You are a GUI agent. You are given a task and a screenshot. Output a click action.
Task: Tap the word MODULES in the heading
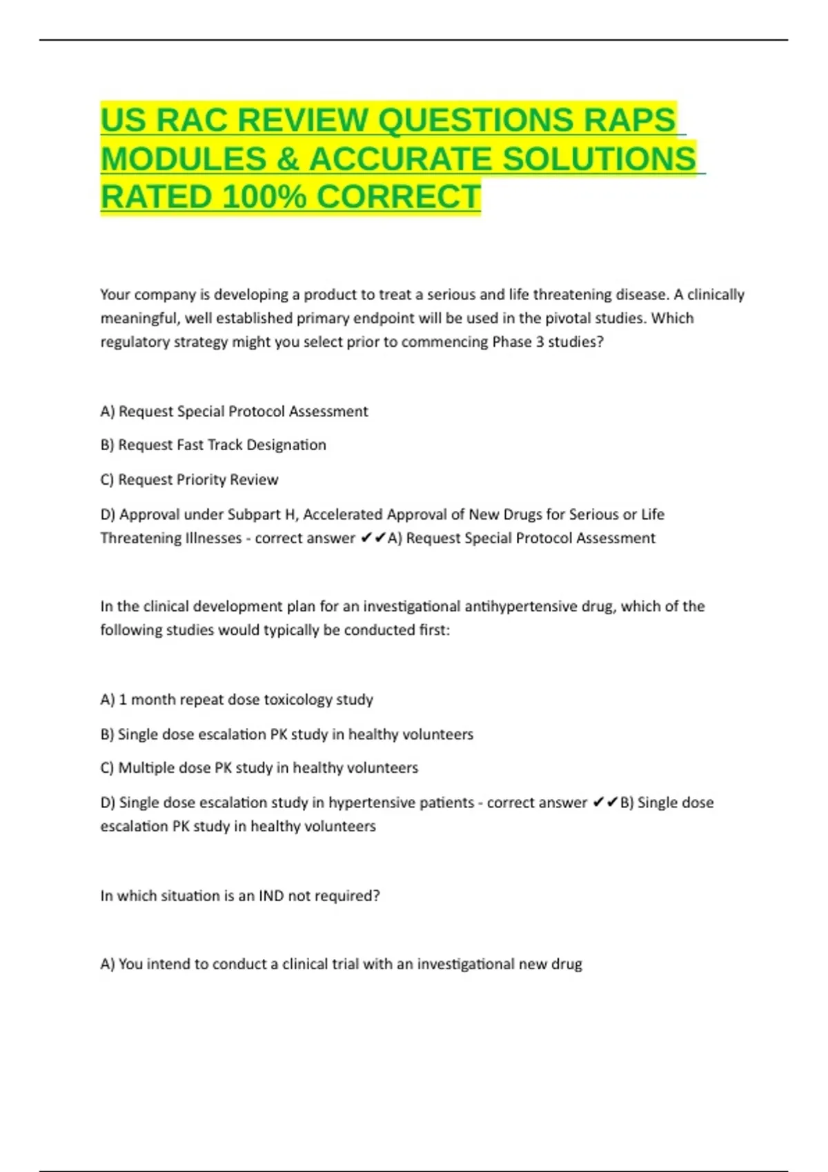(x=183, y=159)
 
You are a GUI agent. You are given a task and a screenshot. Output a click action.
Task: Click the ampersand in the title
(x=287, y=159)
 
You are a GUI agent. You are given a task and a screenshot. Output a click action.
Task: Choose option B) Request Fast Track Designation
(x=213, y=445)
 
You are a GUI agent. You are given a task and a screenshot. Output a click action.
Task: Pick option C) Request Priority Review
(x=189, y=480)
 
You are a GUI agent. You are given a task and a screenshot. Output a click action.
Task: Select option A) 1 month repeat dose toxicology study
(x=237, y=700)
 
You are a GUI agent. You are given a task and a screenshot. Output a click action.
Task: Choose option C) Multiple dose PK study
(x=259, y=768)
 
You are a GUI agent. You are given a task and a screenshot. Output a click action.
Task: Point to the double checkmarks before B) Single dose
(x=605, y=802)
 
